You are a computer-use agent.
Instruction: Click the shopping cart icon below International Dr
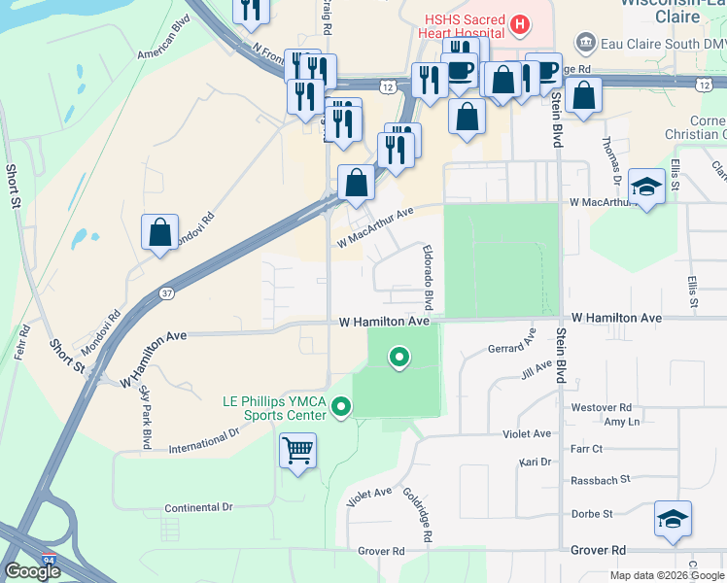click(x=298, y=451)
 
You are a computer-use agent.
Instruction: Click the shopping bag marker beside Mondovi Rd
click(x=160, y=233)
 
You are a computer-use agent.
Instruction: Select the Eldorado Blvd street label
click(x=427, y=271)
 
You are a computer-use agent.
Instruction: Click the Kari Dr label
click(x=536, y=463)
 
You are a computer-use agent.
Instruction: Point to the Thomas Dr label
click(x=609, y=159)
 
